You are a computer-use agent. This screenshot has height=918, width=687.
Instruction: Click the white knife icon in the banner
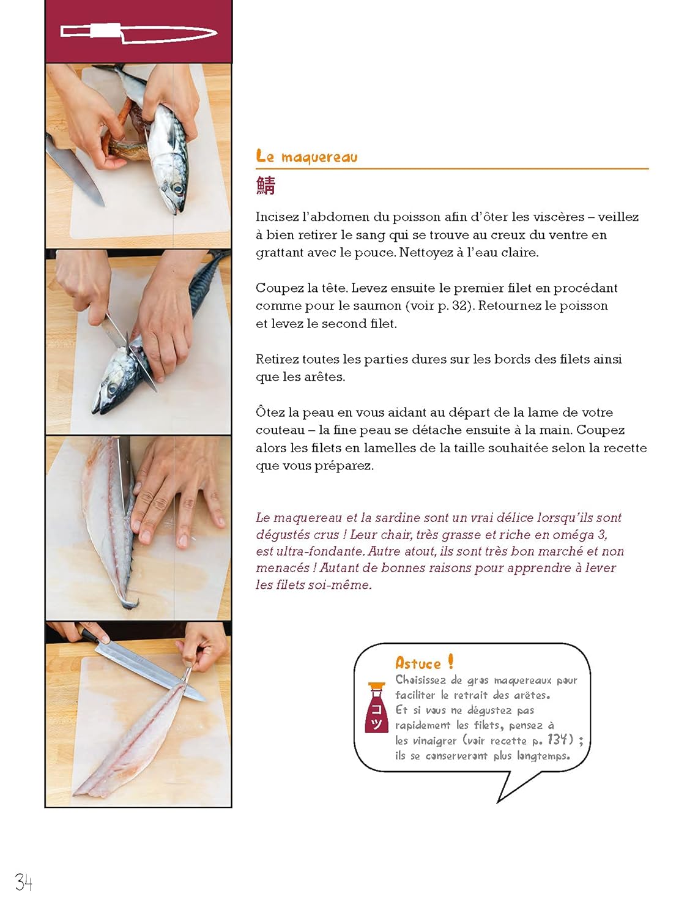point(139,32)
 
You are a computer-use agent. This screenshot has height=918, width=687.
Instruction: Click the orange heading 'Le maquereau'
point(306,157)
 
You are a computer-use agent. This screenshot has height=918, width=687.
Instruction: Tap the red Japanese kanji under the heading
point(266,185)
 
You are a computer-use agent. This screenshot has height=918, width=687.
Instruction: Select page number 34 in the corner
point(24,883)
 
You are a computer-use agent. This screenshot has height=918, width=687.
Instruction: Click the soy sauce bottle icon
point(376,708)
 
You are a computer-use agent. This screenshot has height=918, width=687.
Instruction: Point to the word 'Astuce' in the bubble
point(418,664)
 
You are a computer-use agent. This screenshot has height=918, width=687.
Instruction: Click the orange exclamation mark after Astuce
point(450,662)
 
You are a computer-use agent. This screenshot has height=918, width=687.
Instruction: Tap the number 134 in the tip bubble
point(557,740)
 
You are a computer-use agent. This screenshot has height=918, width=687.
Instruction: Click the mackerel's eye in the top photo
point(178,188)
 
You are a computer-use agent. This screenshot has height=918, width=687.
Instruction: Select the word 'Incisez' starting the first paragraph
point(277,217)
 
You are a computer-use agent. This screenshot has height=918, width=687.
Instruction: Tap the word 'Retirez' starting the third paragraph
point(277,359)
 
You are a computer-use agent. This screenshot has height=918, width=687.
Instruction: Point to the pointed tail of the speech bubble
point(498,802)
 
